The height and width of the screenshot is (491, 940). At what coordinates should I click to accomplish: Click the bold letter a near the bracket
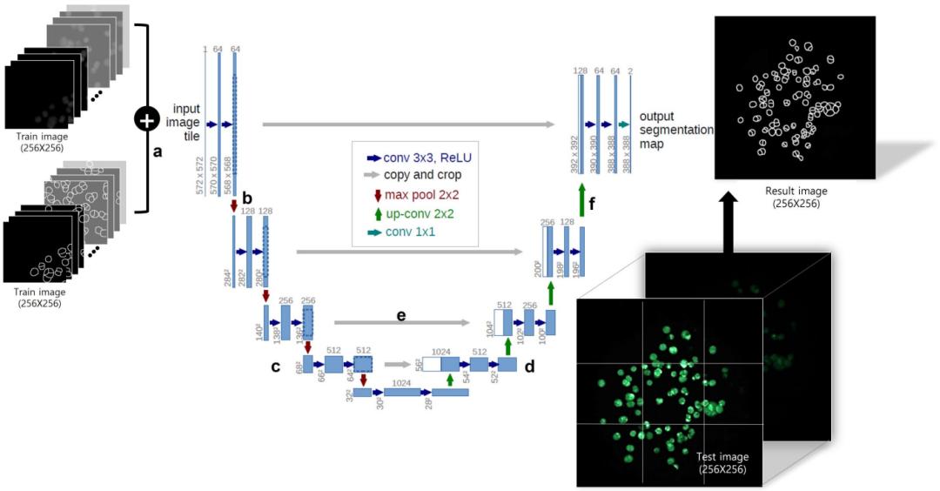(158, 150)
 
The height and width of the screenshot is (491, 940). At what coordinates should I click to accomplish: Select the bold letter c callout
(275, 367)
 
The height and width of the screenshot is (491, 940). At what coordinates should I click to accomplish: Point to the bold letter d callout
(529, 367)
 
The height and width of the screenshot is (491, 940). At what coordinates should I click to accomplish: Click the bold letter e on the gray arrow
(401, 314)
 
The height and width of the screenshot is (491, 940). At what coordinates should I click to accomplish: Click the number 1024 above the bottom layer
(401, 382)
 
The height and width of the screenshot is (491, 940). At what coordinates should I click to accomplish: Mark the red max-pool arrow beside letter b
(233, 205)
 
